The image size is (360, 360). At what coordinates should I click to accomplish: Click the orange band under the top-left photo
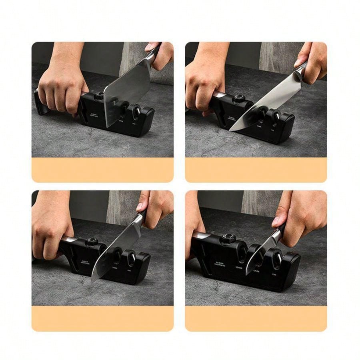(102, 170)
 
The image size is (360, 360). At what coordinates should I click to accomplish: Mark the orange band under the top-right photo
(256, 170)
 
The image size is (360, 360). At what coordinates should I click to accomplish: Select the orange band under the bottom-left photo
(102, 318)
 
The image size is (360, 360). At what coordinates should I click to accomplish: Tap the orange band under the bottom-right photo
(256, 318)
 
